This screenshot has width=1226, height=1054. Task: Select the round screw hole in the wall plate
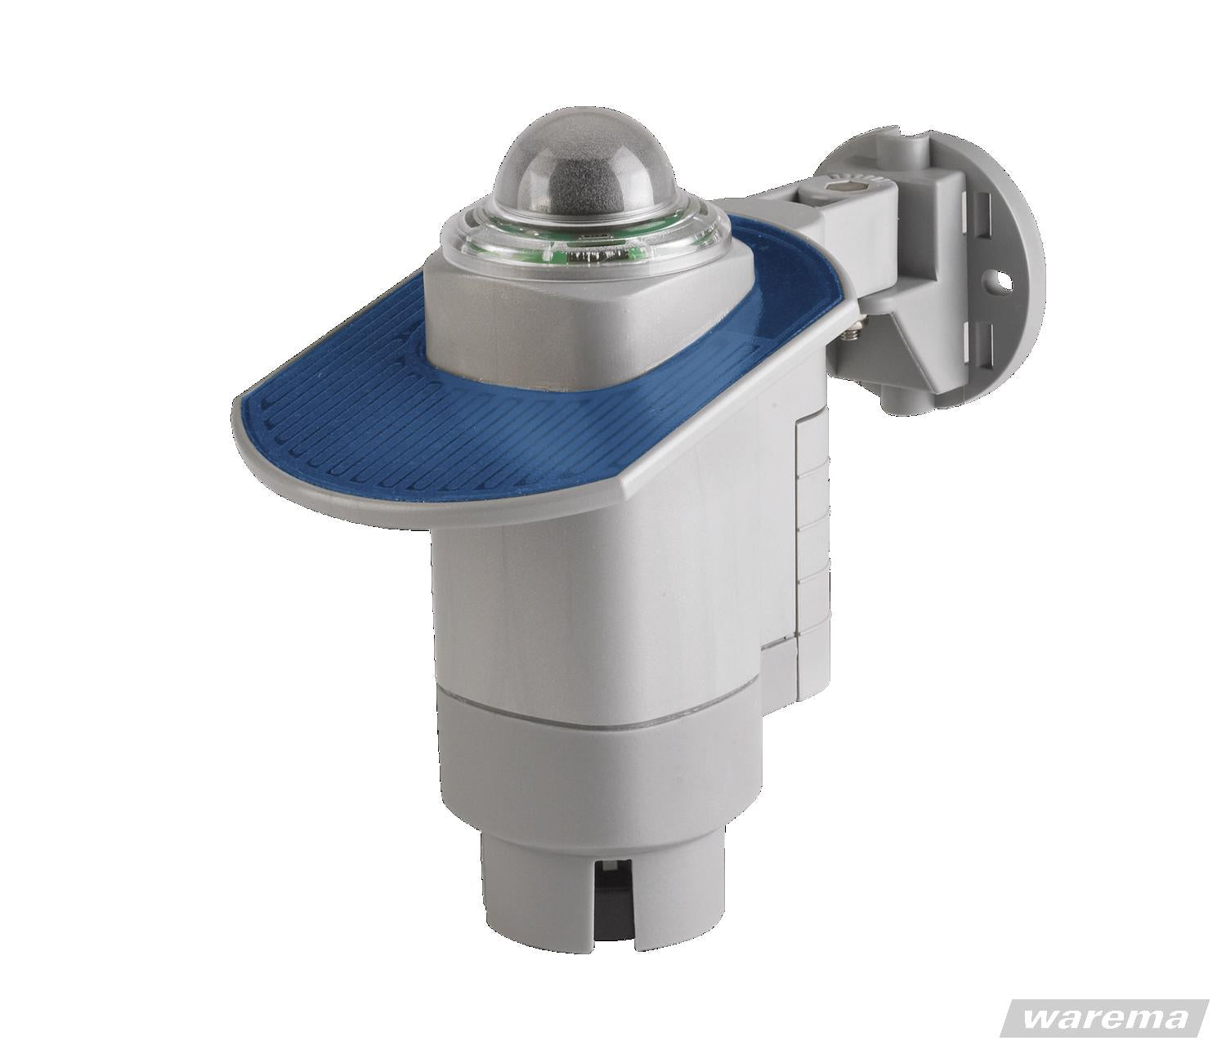point(1002,277)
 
